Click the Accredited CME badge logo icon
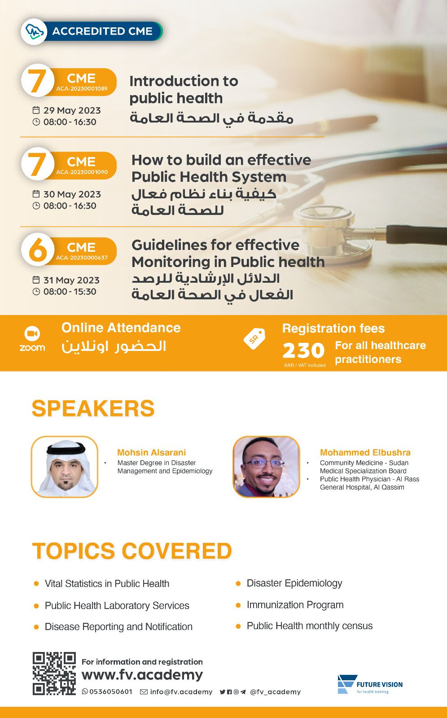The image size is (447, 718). tap(34, 31)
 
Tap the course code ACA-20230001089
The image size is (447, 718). tap(82, 89)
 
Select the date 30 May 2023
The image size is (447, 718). tap(72, 194)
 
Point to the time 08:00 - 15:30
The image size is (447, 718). tap(70, 292)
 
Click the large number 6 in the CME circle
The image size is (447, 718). tap(38, 250)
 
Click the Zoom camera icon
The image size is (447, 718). tap(32, 334)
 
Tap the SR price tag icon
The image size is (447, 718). tap(254, 338)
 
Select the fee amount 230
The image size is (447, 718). tap(303, 350)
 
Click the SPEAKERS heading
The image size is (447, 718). tap(93, 408)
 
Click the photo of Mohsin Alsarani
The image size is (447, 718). tap(65, 467)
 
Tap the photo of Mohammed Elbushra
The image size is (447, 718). tap(266, 467)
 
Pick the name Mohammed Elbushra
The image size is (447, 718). tap(365, 452)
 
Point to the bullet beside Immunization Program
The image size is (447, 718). tap(238, 605)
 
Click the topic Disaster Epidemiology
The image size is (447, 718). tap(294, 583)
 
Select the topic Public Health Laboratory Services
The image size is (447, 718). tap(117, 605)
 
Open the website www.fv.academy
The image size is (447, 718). tap(142, 675)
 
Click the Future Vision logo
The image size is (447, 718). tap(370, 684)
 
